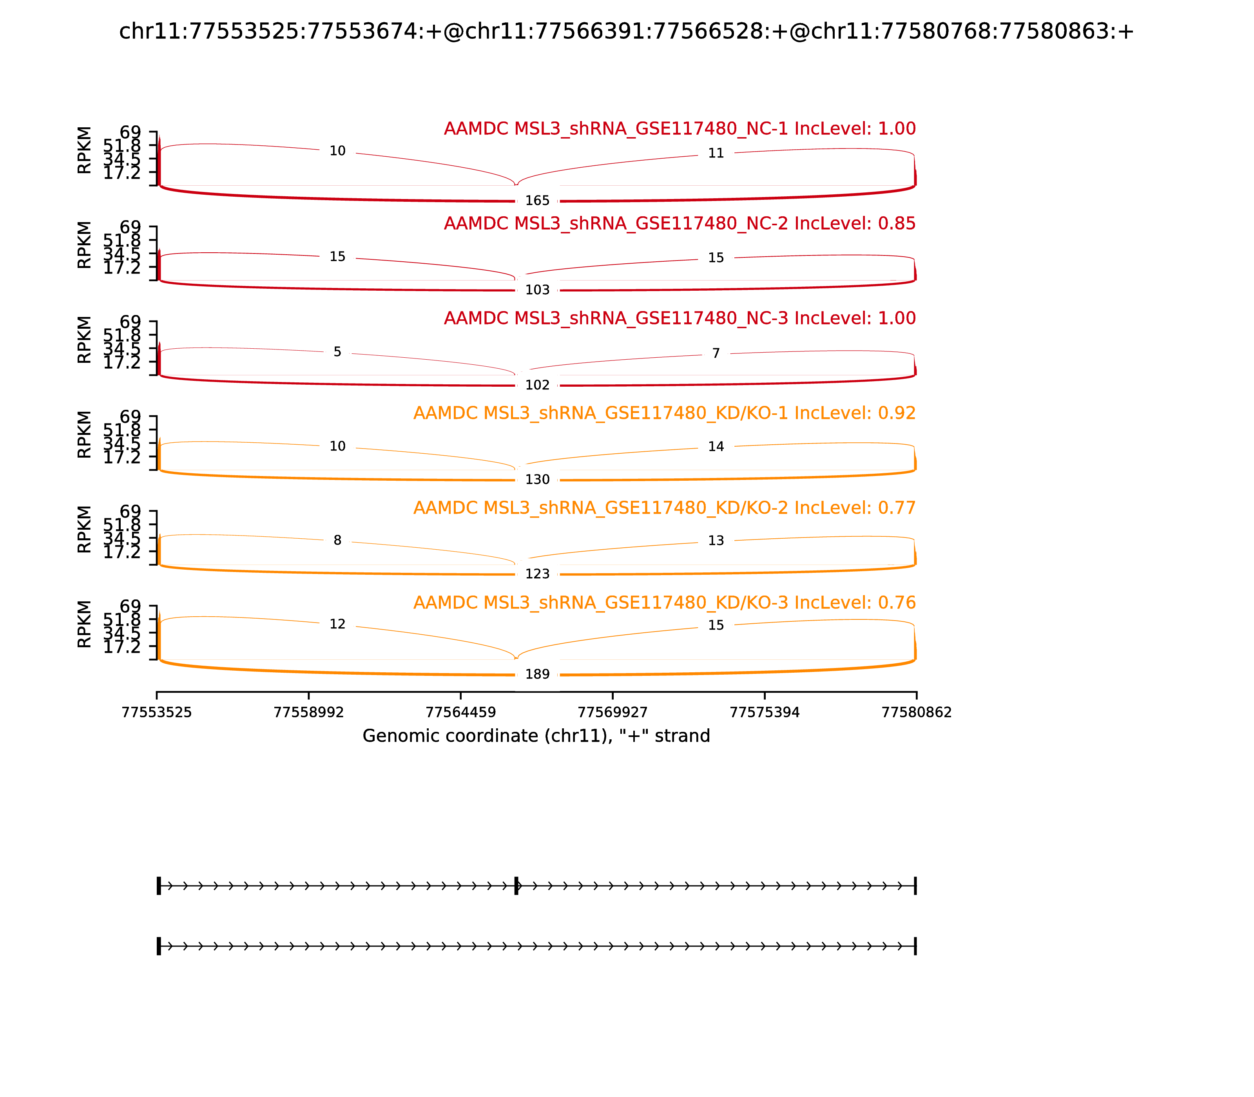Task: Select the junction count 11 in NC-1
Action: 716,153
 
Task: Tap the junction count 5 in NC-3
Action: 337,352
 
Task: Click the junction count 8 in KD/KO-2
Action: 337,541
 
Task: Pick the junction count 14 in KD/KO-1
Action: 716,447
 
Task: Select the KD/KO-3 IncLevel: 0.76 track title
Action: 664,603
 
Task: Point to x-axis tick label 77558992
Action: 309,713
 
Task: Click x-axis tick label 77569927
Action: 612,713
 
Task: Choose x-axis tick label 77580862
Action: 916,713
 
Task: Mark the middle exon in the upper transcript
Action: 516,886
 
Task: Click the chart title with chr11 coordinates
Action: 626,31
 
